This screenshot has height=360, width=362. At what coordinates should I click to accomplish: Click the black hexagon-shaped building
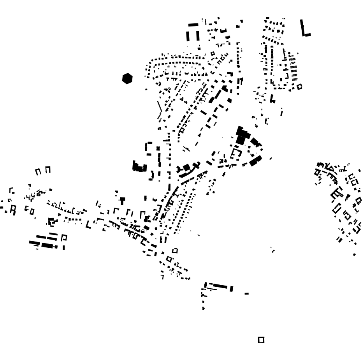(x=127, y=79)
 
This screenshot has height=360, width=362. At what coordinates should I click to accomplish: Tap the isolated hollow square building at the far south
(x=261, y=340)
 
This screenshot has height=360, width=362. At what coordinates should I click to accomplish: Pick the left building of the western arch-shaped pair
(x=38, y=171)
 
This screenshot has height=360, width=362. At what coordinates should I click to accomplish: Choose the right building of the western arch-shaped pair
(x=48, y=170)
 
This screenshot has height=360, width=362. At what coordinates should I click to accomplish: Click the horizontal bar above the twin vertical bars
(x=193, y=25)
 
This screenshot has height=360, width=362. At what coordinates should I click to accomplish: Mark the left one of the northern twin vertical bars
(x=188, y=36)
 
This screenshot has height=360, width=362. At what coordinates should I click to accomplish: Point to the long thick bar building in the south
(x=220, y=286)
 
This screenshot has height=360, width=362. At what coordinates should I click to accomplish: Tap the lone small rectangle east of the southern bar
(x=246, y=293)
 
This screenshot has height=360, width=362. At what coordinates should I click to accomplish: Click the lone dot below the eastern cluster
(x=354, y=255)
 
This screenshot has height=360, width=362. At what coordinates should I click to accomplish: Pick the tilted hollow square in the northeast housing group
(x=299, y=87)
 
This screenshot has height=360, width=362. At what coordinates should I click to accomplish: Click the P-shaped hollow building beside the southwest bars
(x=64, y=237)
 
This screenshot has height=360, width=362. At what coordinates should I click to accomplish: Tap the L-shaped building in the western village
(x=88, y=225)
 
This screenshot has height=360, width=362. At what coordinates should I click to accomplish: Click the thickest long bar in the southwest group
(x=47, y=245)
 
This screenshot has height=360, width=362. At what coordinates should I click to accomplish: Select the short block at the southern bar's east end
(x=232, y=289)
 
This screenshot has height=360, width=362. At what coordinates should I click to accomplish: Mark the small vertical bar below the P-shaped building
(x=64, y=247)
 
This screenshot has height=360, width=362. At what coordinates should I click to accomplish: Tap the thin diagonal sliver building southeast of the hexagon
(x=160, y=106)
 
